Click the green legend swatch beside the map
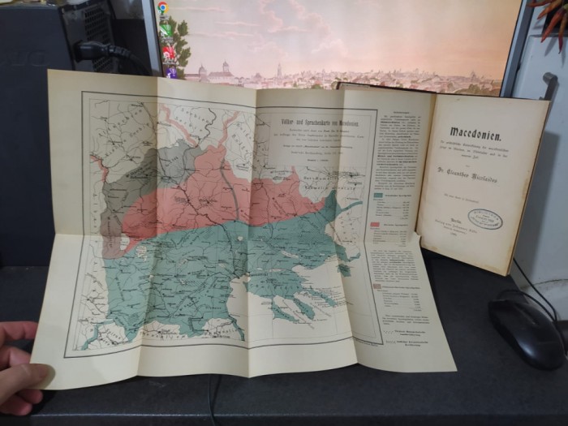(x=378, y=194)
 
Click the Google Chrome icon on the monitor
(x=163, y=7)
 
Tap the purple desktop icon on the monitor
(x=172, y=72)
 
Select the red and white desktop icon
(x=168, y=54)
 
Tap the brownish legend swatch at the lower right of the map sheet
(x=376, y=286)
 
